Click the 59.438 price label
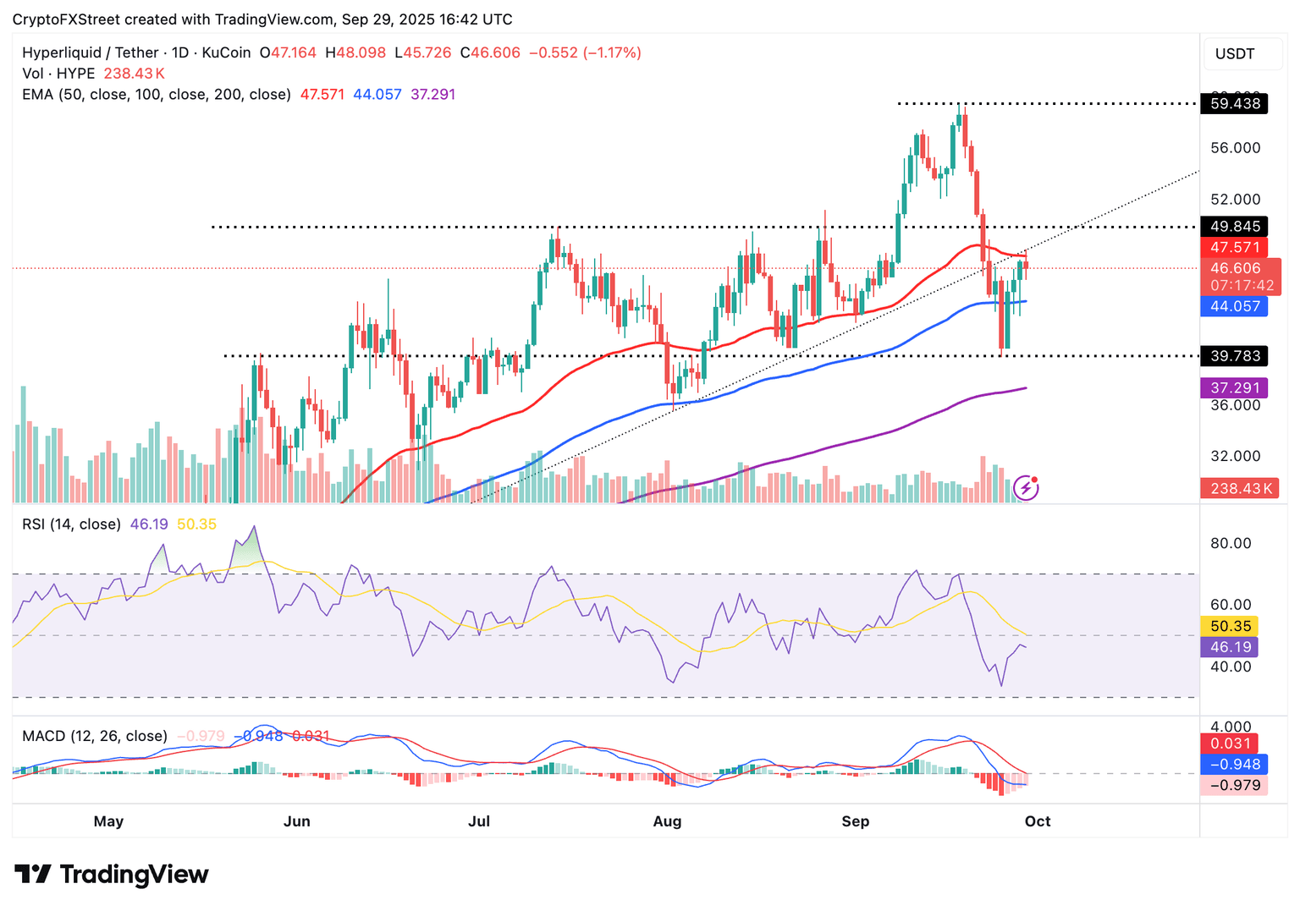point(1235,104)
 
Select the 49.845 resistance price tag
point(1235,227)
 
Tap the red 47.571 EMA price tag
point(1235,247)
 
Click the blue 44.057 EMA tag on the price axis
point(1235,306)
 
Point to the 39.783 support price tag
point(1235,356)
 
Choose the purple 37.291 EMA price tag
point(1235,388)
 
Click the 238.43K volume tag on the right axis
point(1241,488)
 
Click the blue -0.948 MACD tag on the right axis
point(1235,765)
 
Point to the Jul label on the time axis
point(479,821)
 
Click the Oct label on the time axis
point(1038,821)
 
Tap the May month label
point(108,821)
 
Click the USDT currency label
point(1235,54)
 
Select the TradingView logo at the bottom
point(112,874)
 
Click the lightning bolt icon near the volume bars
point(1026,487)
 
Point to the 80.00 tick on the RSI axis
point(1231,543)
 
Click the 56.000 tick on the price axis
point(1235,148)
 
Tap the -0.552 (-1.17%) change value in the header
point(585,52)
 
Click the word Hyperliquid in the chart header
point(62,52)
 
